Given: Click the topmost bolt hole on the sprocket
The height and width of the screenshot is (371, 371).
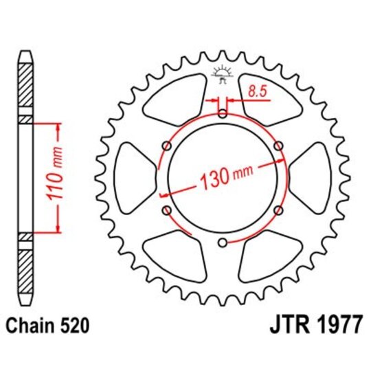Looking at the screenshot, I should pos(222,114).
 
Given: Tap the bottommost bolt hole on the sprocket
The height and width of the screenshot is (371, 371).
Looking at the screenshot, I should pos(222,243).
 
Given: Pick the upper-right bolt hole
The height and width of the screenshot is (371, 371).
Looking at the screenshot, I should pos(278,146).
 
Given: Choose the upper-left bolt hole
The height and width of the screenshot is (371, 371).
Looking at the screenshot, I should pos(166,146).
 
